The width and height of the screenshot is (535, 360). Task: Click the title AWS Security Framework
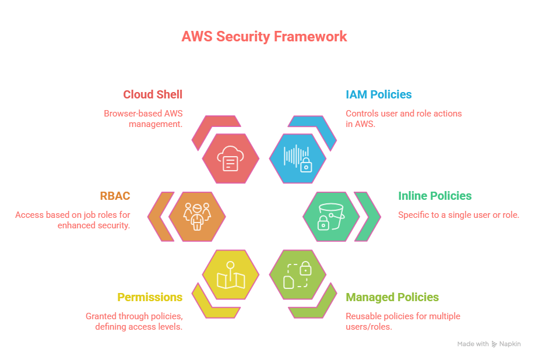pos(264,36)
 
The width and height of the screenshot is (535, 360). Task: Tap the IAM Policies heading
pos(378,94)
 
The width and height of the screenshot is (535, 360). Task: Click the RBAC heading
pos(116,196)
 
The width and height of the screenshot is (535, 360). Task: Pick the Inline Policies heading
pos(435,196)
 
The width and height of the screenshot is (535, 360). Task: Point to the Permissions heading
pos(150,297)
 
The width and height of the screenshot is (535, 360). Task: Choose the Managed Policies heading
pos(392,297)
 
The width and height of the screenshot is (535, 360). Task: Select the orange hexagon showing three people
pos(197,216)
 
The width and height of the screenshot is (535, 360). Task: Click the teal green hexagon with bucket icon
pos(331,216)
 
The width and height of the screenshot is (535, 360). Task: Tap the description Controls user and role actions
pos(404,118)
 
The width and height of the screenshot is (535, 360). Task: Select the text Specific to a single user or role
pos(459,215)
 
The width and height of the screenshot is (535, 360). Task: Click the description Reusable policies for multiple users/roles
pos(403,321)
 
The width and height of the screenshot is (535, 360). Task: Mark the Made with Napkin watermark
pos(488,344)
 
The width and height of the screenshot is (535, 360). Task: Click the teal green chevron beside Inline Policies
pos(368,216)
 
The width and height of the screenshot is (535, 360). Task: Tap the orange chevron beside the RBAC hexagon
pos(159,216)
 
